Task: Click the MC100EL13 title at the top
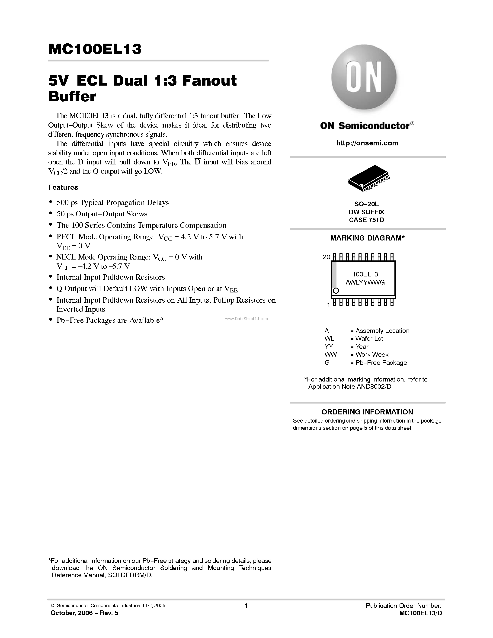tap(95, 49)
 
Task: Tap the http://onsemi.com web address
tap(367, 143)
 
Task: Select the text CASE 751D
tap(366, 220)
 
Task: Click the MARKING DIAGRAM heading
tap(367, 238)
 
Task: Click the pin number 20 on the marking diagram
tap(326, 257)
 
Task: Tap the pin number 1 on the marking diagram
tap(328, 305)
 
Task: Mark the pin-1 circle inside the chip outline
tap(336, 291)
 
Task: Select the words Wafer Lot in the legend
tap(369, 339)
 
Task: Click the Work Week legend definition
tap(372, 355)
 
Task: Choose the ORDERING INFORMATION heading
tap(367, 412)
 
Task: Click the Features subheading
tap(63, 187)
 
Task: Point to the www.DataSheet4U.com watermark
tap(246, 319)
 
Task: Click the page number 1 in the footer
tap(246, 606)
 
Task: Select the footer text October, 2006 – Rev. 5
tap(84, 613)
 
